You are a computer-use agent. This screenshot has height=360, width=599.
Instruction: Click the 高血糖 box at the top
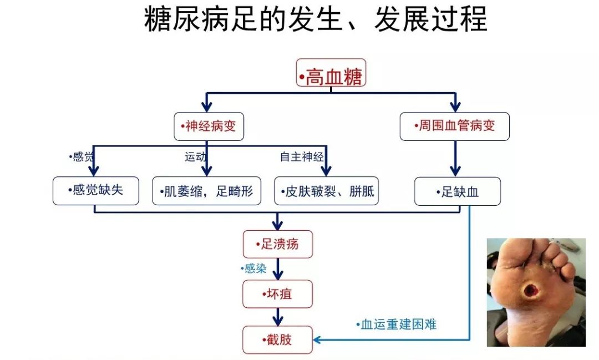coord(331,73)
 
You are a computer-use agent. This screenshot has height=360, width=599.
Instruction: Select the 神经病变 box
coord(209,126)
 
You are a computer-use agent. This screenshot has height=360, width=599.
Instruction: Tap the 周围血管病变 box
coord(455,126)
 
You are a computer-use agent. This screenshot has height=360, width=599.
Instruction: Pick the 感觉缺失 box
coord(96,191)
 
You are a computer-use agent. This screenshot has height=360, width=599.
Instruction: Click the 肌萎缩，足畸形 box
coord(207,191)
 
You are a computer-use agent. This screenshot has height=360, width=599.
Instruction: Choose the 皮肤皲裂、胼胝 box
coord(327,191)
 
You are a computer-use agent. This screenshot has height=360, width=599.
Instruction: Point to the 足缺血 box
coord(458,191)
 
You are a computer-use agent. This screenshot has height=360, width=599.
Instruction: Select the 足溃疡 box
coord(278,244)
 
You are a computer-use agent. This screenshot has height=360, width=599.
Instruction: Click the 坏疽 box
coord(277,294)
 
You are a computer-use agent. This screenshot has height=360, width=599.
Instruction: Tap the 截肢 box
coord(277,339)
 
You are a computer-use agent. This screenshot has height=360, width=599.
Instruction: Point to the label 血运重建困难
coord(396,324)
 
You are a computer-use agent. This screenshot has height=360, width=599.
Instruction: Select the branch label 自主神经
coord(302,156)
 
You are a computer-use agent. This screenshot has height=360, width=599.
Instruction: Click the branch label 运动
coord(195,156)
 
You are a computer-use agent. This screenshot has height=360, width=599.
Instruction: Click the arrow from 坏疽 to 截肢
coord(278,317)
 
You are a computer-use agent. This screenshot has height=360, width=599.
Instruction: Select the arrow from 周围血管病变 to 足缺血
coord(455,159)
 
